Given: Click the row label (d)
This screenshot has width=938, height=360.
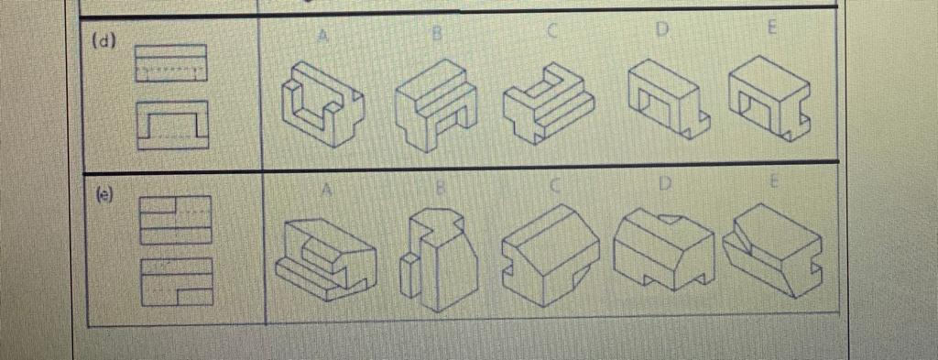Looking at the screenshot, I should coord(106,41).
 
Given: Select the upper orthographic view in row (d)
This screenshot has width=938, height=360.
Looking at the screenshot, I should coord(172,64).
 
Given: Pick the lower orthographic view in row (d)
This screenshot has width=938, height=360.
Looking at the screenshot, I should coord(172,125).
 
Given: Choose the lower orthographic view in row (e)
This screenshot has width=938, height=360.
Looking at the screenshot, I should coord(176,280).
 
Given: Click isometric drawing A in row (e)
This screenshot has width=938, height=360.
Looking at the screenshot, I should coord(325,254).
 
